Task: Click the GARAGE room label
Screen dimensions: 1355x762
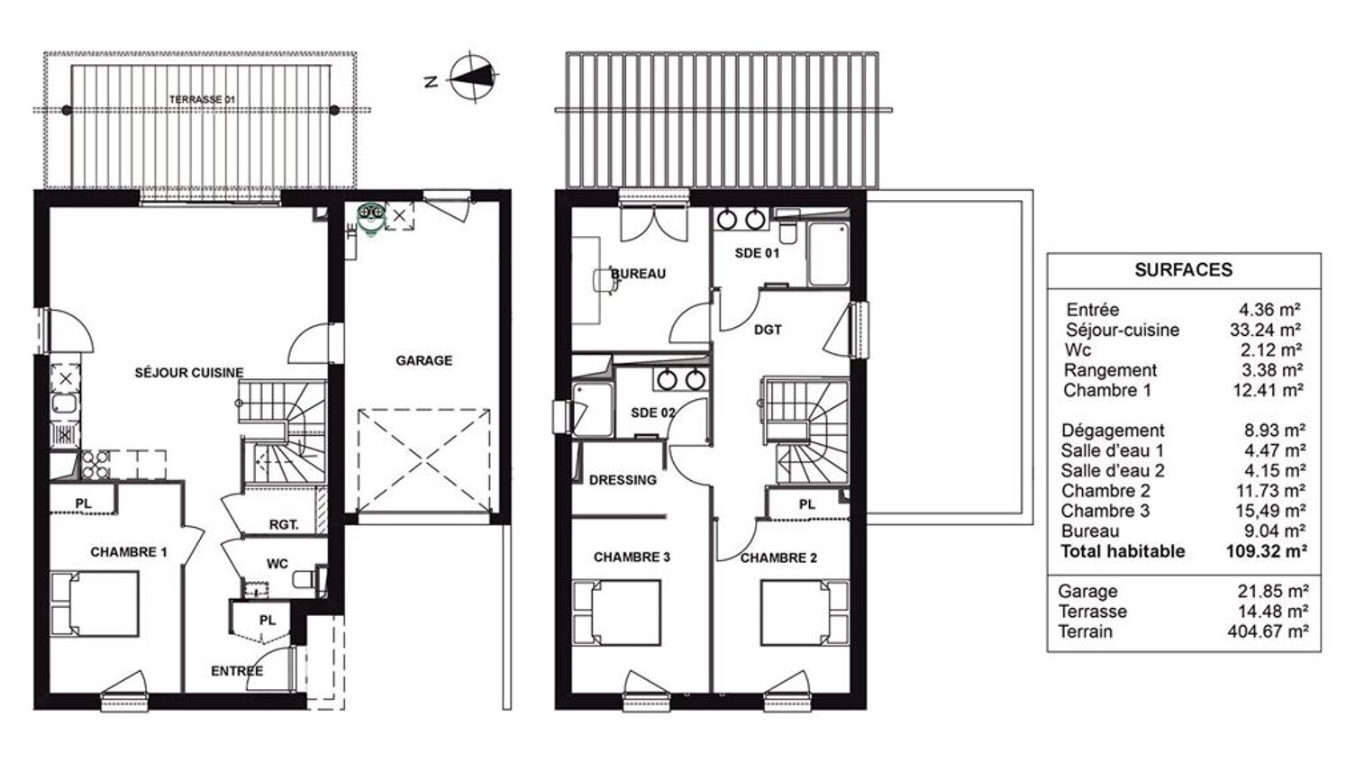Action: click(424, 360)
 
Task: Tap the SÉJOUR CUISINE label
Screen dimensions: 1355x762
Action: click(188, 373)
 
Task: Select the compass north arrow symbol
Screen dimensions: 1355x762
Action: click(474, 77)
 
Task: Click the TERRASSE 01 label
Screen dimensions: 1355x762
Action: click(202, 99)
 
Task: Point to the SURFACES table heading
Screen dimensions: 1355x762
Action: click(1183, 269)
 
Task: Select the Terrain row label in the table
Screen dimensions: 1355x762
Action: click(1086, 631)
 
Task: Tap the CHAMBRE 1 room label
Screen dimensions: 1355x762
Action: click(129, 552)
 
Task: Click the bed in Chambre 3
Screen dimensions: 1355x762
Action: click(616, 612)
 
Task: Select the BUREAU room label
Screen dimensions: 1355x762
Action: click(638, 274)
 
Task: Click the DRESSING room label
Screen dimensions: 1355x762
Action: click(623, 480)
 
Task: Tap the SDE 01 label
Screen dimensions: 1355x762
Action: click(757, 253)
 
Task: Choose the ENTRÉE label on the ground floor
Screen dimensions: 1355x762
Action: click(237, 671)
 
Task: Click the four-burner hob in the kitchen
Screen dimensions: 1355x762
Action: click(95, 465)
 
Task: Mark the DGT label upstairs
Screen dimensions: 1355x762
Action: click(768, 331)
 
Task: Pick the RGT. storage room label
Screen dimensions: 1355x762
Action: click(284, 525)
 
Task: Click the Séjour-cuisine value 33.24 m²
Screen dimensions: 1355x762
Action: click(1266, 330)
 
